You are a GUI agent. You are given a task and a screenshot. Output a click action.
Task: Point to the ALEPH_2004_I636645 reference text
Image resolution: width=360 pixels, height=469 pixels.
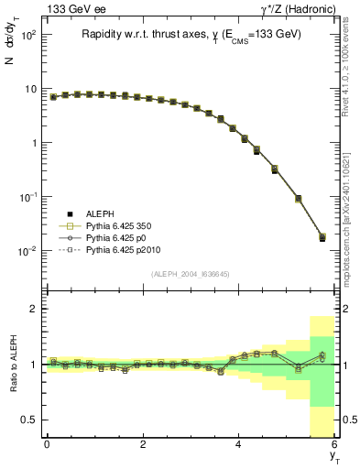[191, 274]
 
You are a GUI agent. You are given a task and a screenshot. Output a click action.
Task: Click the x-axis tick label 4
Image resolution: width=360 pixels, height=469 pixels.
[239, 444]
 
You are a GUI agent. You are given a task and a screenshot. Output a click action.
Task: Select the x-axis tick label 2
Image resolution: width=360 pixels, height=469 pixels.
[143, 444]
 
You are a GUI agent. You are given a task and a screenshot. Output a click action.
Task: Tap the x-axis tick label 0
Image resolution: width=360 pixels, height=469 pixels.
[47, 444]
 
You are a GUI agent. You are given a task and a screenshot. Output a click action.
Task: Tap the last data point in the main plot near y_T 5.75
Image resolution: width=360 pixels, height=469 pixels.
[322, 238]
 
